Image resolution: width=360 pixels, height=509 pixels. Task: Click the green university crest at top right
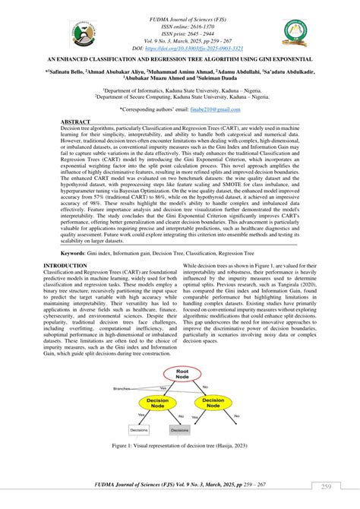click(x=295, y=30)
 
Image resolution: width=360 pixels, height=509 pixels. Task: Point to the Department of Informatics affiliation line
click(x=180, y=90)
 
